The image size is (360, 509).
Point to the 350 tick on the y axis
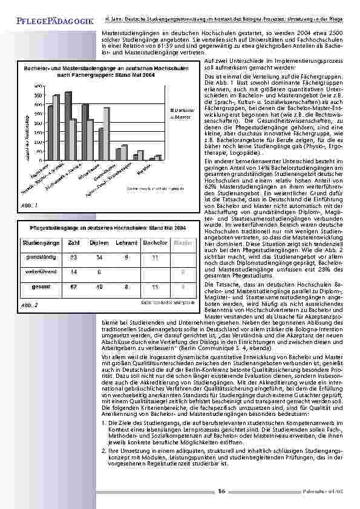(38, 96)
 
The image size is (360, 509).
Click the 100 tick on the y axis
(38, 139)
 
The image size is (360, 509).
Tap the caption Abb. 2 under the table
(28, 305)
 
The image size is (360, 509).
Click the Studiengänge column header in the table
(41, 242)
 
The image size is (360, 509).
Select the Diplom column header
(99, 242)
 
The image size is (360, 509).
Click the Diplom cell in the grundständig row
(99, 258)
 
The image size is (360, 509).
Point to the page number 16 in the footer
(221, 491)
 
